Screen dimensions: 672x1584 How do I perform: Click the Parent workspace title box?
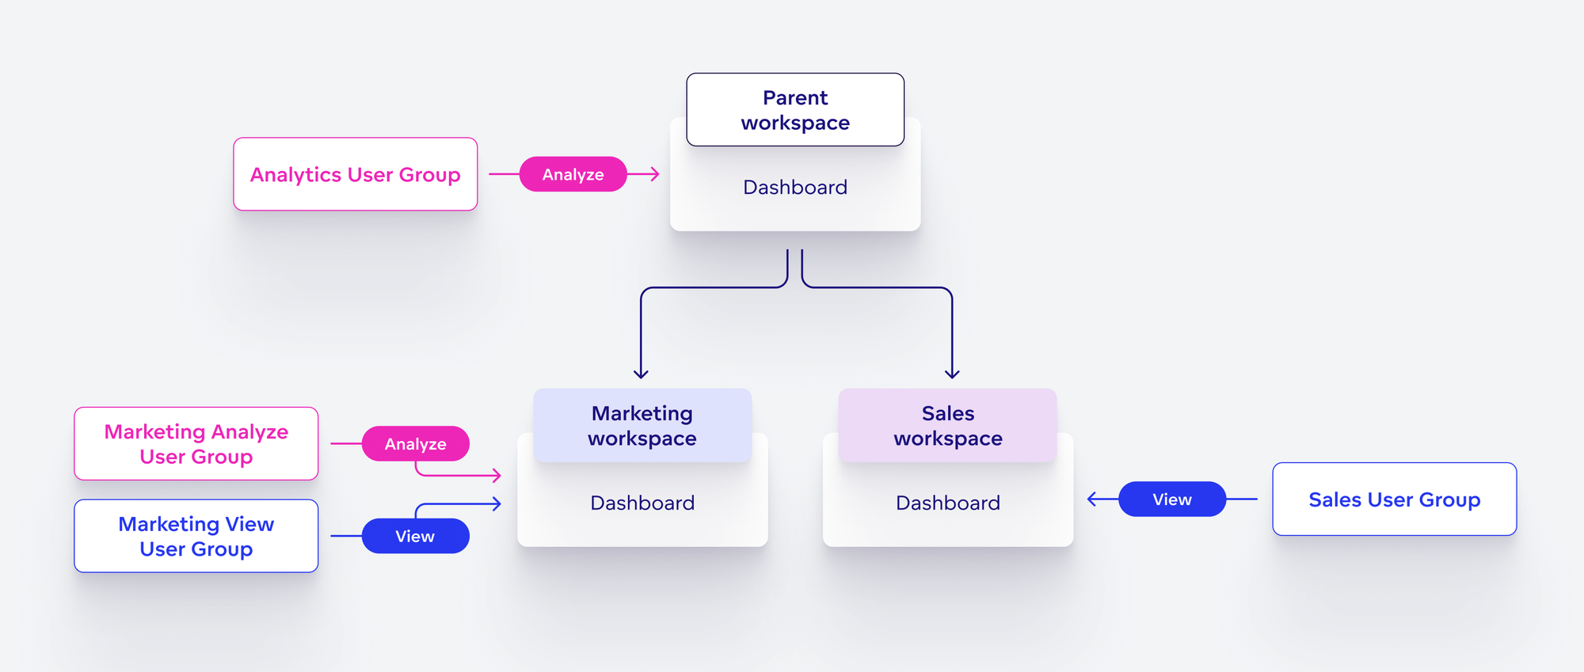click(x=795, y=110)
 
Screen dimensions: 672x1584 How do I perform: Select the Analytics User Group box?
click(x=355, y=174)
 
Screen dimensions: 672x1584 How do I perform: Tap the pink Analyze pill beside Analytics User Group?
click(x=573, y=174)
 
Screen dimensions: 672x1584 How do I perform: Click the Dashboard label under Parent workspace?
click(x=795, y=188)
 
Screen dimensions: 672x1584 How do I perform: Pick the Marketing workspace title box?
click(x=642, y=426)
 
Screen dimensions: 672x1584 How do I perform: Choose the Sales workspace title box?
click(x=948, y=426)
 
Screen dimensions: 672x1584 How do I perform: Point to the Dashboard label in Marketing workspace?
click(x=642, y=503)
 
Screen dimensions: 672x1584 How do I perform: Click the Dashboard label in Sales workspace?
click(x=948, y=503)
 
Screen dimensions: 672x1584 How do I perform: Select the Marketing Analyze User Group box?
click(x=196, y=444)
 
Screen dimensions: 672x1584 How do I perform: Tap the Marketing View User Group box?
click(x=196, y=537)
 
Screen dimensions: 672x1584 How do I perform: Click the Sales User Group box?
click(x=1394, y=499)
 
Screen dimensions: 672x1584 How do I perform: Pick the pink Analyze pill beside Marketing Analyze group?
click(x=415, y=444)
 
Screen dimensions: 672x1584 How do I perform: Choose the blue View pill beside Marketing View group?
click(x=415, y=537)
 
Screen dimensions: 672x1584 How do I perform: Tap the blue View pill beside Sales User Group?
click(x=1172, y=499)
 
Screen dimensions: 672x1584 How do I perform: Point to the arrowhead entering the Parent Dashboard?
click(x=656, y=174)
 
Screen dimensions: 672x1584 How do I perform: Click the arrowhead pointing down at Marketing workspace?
click(x=642, y=374)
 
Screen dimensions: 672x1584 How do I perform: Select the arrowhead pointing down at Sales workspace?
click(x=952, y=374)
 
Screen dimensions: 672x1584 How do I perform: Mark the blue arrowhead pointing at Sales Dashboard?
click(x=1091, y=499)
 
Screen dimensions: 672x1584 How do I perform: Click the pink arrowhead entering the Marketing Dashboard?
click(x=497, y=476)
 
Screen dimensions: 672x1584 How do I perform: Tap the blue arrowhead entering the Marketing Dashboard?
click(x=497, y=503)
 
